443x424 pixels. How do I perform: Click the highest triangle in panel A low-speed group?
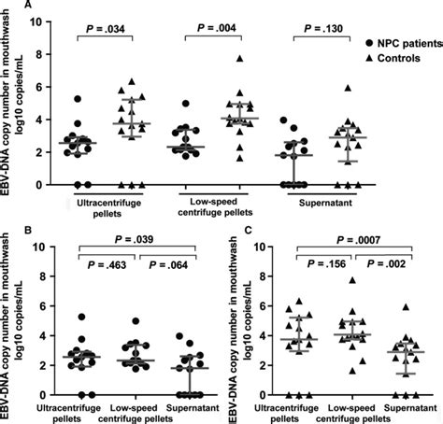click(239, 59)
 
